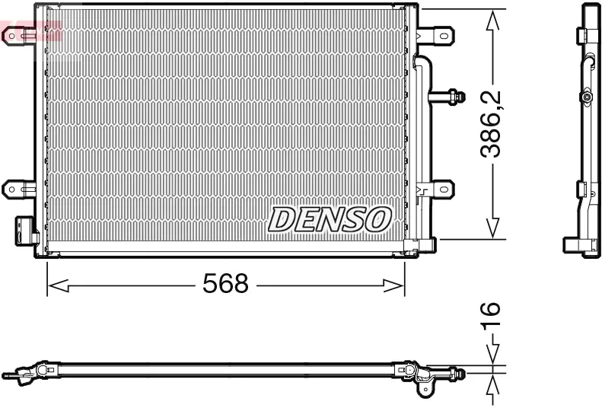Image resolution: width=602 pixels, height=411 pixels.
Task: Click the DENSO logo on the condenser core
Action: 329,219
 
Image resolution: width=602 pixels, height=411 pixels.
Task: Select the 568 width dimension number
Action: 225,285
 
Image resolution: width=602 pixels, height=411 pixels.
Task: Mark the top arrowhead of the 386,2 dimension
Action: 493,20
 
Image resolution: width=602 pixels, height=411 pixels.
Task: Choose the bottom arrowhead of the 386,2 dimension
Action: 493,228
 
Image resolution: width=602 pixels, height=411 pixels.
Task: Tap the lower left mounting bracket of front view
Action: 18,187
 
